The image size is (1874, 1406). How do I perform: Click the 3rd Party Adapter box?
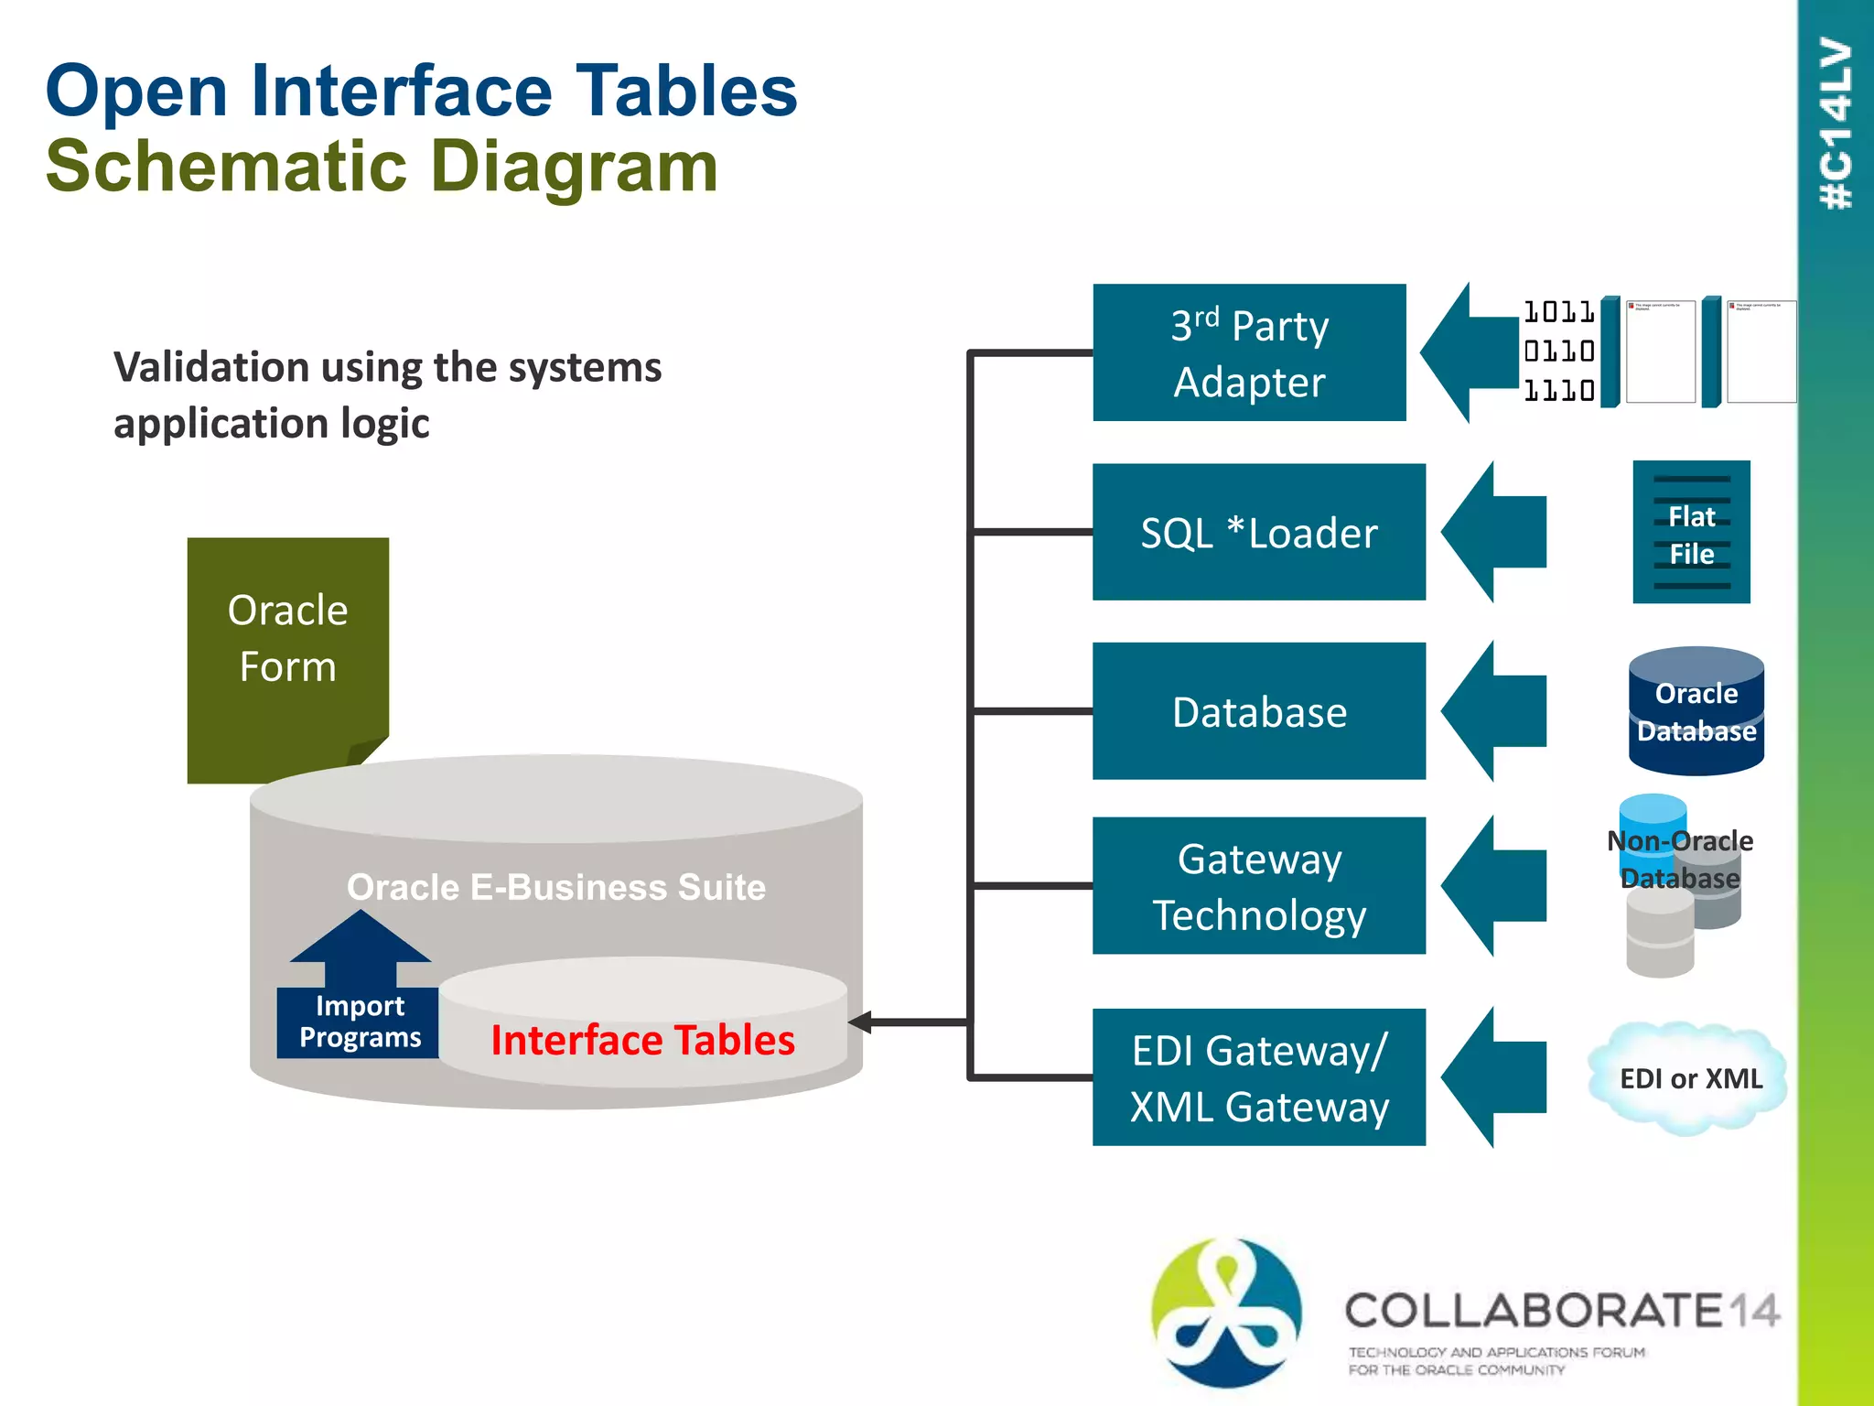(1249, 352)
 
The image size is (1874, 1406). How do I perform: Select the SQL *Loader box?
(1258, 532)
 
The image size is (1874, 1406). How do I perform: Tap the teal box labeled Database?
(1258, 711)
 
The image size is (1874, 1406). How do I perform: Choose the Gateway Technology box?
(1258, 885)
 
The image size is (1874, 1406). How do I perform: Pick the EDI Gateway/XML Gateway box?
(1258, 1077)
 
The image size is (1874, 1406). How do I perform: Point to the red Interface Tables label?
(642, 1040)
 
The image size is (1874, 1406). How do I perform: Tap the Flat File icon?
(1691, 532)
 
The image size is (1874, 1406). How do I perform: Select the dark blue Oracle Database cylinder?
(1696, 712)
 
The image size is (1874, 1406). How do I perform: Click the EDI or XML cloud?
(1689, 1078)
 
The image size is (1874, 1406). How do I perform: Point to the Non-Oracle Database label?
(1680, 859)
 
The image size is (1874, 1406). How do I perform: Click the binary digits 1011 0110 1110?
(1558, 351)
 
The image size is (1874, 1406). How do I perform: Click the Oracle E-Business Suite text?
(556, 887)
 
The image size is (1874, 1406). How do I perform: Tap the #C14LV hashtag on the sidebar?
(1836, 124)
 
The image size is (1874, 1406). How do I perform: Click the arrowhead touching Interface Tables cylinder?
(860, 1022)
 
